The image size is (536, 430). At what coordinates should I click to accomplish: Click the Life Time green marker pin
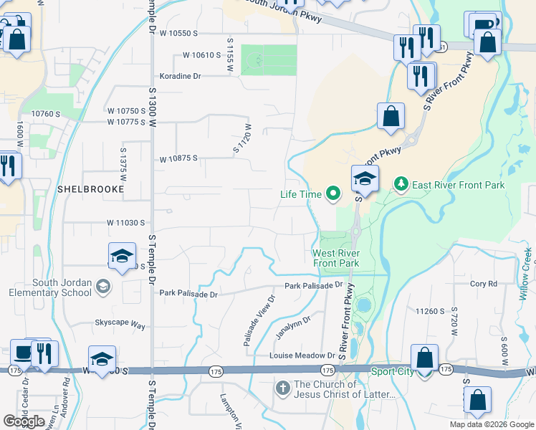(x=332, y=193)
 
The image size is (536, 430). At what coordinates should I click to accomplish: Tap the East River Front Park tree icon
(x=401, y=185)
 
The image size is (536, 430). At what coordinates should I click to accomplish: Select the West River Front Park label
(x=335, y=258)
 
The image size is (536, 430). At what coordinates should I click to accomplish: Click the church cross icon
(x=283, y=388)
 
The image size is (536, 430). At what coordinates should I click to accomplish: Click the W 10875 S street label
(x=178, y=158)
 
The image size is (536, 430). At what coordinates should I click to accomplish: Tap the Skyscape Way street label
(x=120, y=325)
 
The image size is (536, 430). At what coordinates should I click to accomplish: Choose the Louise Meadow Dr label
(x=302, y=355)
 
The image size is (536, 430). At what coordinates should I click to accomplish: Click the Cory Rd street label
(x=484, y=284)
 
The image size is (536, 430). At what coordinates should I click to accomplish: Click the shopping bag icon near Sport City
(x=425, y=357)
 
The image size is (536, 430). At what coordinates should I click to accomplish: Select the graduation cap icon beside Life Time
(x=365, y=180)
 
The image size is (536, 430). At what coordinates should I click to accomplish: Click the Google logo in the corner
(x=24, y=421)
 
